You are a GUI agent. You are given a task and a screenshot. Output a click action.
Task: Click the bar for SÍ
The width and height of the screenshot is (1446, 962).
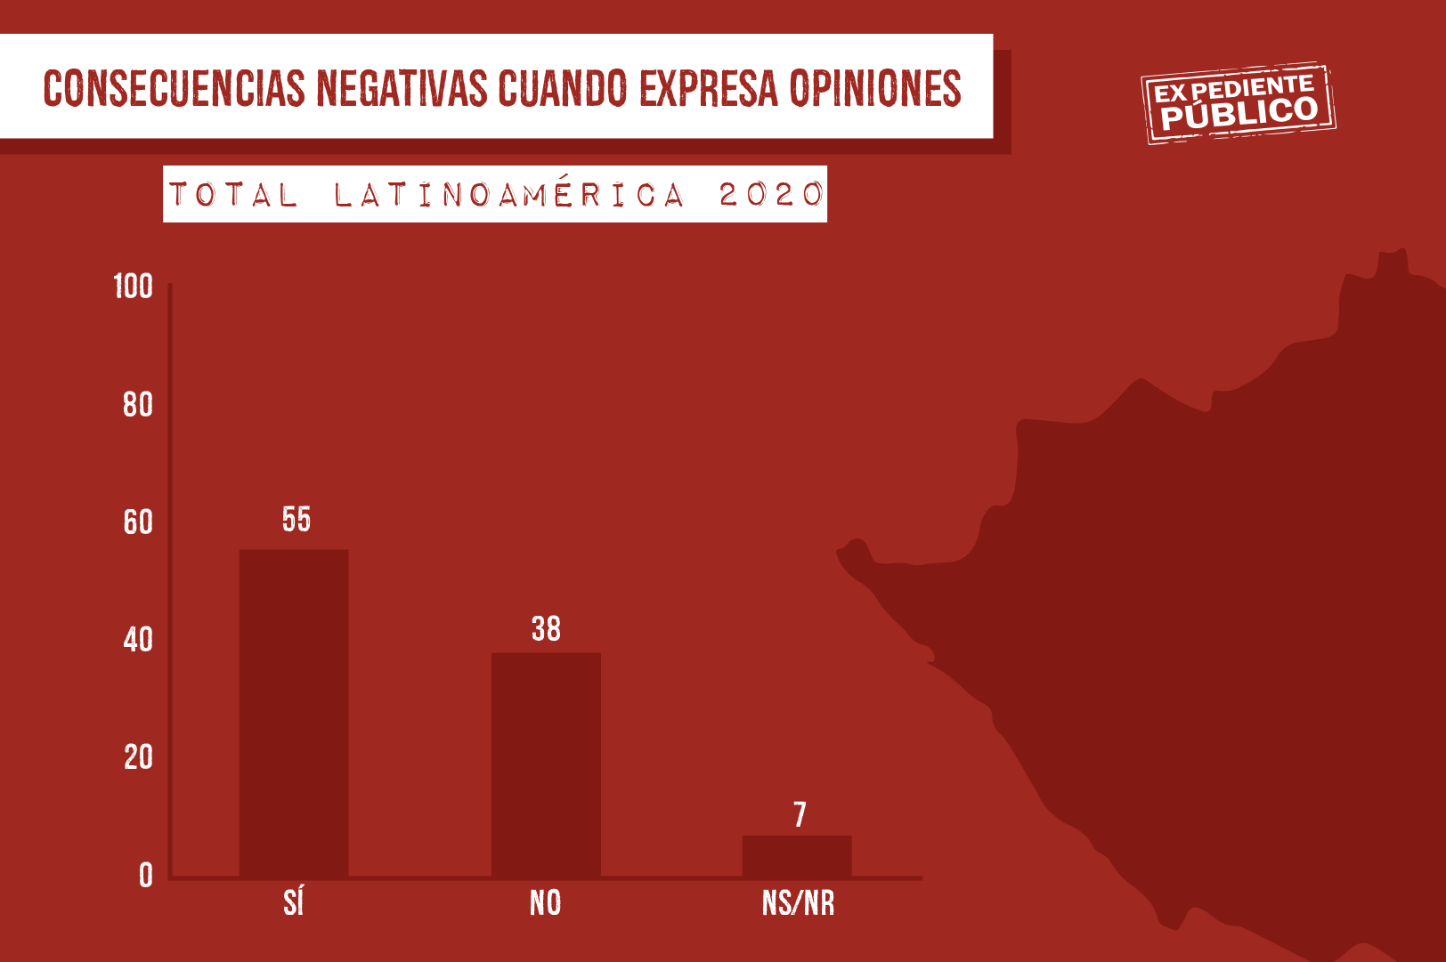(x=294, y=713)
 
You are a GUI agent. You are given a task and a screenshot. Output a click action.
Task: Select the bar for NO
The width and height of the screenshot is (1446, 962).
(x=546, y=765)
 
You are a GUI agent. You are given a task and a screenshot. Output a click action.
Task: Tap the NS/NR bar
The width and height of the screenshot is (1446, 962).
(x=797, y=856)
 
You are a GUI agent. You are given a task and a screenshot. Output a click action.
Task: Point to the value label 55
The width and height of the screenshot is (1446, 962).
(x=297, y=520)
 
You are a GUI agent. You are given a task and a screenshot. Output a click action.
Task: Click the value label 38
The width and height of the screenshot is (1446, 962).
(x=546, y=629)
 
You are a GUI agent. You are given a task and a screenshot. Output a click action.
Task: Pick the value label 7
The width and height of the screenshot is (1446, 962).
(x=800, y=815)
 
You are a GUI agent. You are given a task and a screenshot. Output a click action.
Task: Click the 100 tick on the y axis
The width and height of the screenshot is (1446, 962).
(x=134, y=287)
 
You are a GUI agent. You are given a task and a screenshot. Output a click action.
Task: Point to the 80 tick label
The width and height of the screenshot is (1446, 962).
(x=138, y=405)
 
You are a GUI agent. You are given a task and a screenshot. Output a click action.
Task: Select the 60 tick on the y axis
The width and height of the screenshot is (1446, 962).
(x=138, y=522)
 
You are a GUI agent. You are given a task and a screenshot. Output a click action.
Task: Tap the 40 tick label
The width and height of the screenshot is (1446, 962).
(x=138, y=640)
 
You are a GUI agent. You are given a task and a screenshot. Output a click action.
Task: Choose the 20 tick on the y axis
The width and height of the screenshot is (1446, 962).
(x=138, y=757)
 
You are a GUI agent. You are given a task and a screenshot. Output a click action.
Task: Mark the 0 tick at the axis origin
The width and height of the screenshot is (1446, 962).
(x=146, y=876)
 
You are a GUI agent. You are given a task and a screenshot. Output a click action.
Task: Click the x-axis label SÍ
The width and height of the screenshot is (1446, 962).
(x=294, y=903)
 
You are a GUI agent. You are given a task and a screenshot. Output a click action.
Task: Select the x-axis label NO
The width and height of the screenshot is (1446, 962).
(x=546, y=903)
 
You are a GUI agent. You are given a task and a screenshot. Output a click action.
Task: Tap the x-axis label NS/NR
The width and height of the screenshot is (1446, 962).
(x=799, y=903)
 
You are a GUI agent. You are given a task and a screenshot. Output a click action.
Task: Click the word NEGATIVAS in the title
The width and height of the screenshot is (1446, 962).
(x=402, y=88)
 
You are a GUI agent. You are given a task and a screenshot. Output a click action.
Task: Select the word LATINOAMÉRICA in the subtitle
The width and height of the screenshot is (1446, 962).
(x=509, y=195)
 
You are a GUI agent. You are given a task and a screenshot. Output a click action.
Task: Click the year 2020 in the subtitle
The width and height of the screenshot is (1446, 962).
(x=770, y=195)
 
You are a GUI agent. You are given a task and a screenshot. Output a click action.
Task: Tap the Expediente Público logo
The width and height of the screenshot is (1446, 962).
(x=1239, y=103)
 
